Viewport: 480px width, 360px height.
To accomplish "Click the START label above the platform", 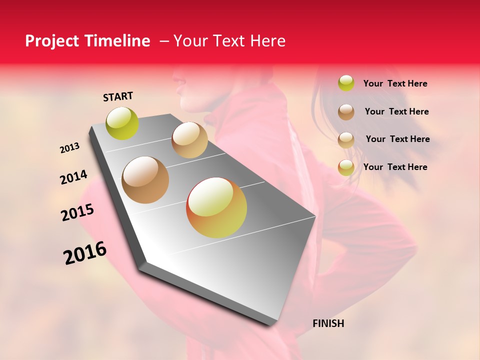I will (118, 96).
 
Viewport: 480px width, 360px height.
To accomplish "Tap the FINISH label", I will (328, 323).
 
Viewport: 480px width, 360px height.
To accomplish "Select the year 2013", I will (69, 148).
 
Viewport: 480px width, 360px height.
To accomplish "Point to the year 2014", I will (73, 177).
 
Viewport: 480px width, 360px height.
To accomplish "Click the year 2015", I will (77, 212).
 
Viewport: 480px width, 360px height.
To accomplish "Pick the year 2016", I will (85, 253).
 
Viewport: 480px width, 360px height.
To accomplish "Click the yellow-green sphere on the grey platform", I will (122, 123).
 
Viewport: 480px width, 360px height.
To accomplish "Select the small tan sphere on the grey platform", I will (189, 140).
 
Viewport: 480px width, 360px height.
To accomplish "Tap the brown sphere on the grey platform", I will (145, 180).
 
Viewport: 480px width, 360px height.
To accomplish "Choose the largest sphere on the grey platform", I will (216, 207).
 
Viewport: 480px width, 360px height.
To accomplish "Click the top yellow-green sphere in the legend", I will (346, 83).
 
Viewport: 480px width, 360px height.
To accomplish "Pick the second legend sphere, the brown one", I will (346, 112).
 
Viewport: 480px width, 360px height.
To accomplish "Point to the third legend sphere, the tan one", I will (346, 140).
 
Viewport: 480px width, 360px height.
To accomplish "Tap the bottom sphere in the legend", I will (346, 167).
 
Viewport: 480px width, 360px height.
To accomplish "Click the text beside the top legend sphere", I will (395, 84).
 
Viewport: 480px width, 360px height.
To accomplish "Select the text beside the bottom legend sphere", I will (395, 167).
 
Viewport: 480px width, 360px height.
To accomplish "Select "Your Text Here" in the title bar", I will (229, 41).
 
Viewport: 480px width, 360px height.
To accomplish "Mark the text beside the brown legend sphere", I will (396, 111).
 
